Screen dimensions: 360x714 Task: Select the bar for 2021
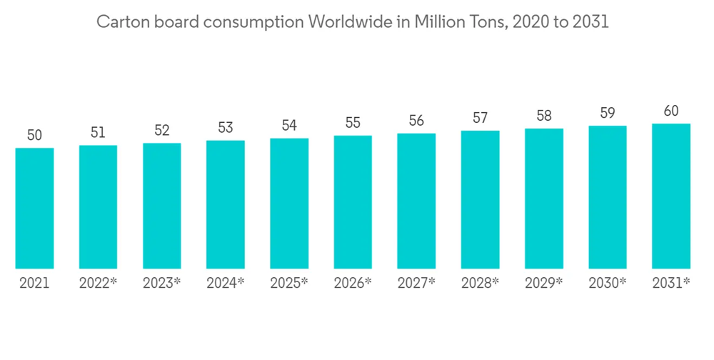pyautogui.click(x=34, y=208)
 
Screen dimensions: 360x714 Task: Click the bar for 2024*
pyautogui.click(x=226, y=204)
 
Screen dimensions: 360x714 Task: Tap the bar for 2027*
pyautogui.click(x=416, y=201)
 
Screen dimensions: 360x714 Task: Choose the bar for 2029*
pyautogui.click(x=544, y=199)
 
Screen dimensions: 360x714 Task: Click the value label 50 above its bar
pyautogui.click(x=34, y=135)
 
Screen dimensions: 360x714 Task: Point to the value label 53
pyautogui.click(x=226, y=128)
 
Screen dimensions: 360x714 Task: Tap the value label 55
pyautogui.click(x=353, y=123)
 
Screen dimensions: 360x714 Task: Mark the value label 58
pyautogui.click(x=544, y=116)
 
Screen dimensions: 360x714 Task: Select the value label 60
pyautogui.click(x=671, y=111)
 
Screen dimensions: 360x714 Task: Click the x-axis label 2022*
pyautogui.click(x=98, y=283)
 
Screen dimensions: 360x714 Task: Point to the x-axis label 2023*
pyautogui.click(x=162, y=283)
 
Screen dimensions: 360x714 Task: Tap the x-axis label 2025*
pyautogui.click(x=289, y=283)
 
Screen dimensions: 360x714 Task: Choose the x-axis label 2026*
pyautogui.click(x=353, y=283)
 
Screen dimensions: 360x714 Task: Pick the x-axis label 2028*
pyautogui.click(x=480, y=283)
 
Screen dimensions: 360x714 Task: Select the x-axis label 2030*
pyautogui.click(x=608, y=283)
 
